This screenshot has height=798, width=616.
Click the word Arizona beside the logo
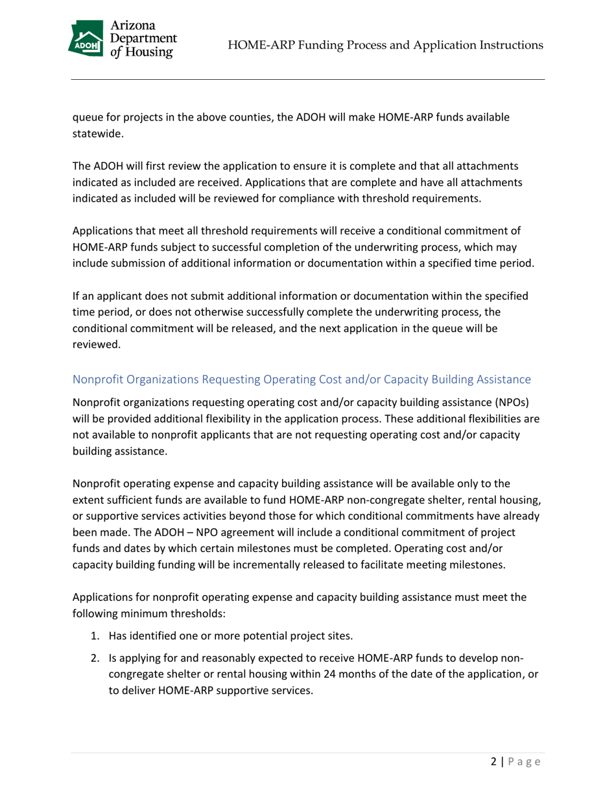click(134, 25)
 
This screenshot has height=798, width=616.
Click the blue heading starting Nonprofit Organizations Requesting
click(302, 378)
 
